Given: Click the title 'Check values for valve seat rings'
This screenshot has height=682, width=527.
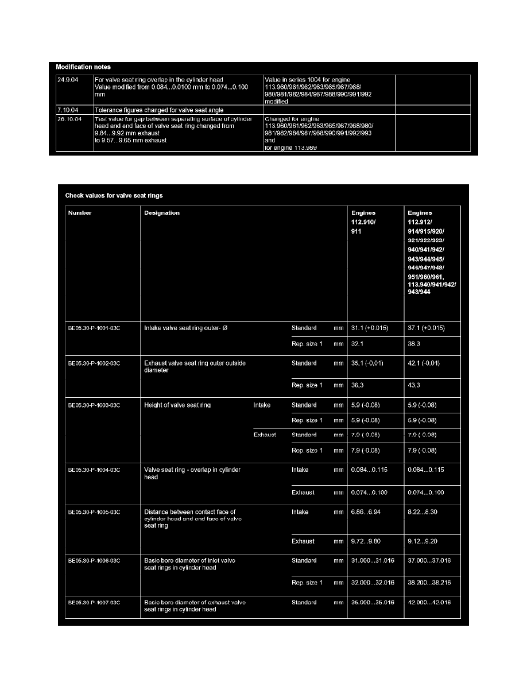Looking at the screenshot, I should point(114,196).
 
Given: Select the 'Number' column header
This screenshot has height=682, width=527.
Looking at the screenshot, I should point(80,213).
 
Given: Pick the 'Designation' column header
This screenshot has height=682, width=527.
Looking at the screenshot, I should point(162,213).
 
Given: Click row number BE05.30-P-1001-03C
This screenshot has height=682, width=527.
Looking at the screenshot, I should point(95,328).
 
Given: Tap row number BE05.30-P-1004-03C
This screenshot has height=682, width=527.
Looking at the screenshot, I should point(95,470).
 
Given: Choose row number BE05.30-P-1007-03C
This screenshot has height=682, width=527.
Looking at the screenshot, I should point(95,603).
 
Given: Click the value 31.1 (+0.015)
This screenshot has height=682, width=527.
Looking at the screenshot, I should point(370,328).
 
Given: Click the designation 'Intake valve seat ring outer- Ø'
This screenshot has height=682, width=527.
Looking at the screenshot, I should point(187,328).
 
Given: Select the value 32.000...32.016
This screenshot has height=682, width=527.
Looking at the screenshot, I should point(373,583).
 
